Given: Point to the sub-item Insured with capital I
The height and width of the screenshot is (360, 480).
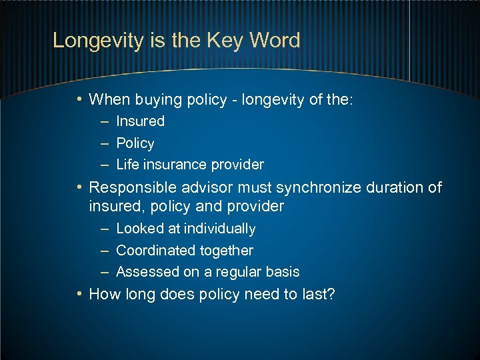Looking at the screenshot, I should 140,121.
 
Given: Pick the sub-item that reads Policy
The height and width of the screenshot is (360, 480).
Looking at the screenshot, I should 135,143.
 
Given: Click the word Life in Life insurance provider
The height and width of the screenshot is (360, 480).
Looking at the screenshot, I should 127,165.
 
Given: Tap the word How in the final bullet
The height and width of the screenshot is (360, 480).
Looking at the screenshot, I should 103,294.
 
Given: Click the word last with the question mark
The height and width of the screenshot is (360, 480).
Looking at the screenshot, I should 319,294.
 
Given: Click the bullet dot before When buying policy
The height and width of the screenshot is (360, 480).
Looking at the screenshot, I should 79,100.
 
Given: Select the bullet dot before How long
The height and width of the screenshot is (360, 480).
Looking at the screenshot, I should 79,293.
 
